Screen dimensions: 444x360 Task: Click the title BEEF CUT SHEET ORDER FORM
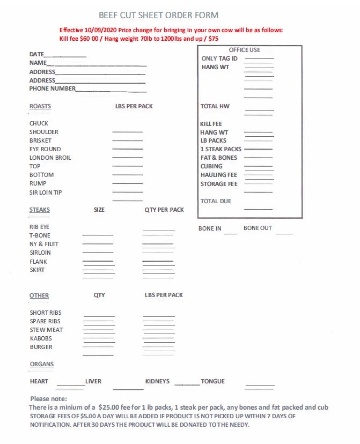click(158, 16)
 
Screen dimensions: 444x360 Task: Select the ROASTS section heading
click(40, 106)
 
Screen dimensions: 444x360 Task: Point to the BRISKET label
click(41, 140)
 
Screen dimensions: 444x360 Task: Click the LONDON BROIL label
click(50, 158)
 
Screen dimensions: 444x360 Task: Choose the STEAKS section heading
click(40, 210)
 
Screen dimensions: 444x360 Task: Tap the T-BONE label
click(40, 235)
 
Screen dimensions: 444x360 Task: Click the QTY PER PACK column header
click(164, 210)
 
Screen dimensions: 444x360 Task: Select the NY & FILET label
click(44, 244)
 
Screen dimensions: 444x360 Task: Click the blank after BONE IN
click(230, 232)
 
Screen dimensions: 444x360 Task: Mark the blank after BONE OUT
click(284, 232)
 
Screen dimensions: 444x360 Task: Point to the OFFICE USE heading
click(245, 50)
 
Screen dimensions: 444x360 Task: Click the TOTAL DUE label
click(216, 201)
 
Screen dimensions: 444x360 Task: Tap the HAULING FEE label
click(218, 175)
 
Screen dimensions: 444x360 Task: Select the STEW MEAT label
click(46, 330)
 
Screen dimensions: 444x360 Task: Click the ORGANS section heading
click(42, 364)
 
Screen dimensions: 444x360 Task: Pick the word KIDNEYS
click(157, 381)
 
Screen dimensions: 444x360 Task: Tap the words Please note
click(48, 398)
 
